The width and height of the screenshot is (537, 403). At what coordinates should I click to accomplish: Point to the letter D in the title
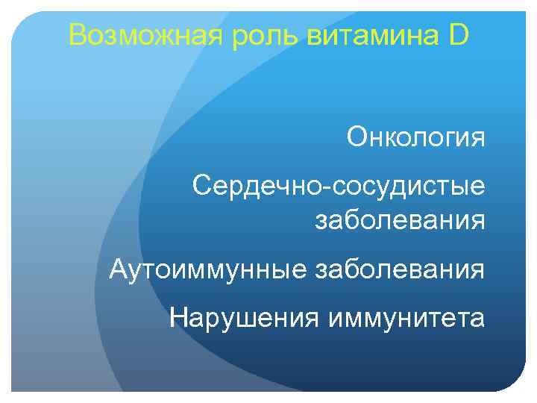pyautogui.click(x=460, y=35)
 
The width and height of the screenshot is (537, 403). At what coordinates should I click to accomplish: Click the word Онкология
pyautogui.click(x=415, y=138)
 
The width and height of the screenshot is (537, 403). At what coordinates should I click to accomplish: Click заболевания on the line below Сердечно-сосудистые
pyautogui.click(x=401, y=221)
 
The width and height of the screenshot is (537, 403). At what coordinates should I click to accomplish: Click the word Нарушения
pyautogui.click(x=238, y=318)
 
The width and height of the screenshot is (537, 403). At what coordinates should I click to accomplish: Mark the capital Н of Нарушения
pyautogui.click(x=178, y=317)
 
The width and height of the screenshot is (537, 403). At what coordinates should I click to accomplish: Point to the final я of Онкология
pyautogui.click(x=477, y=140)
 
